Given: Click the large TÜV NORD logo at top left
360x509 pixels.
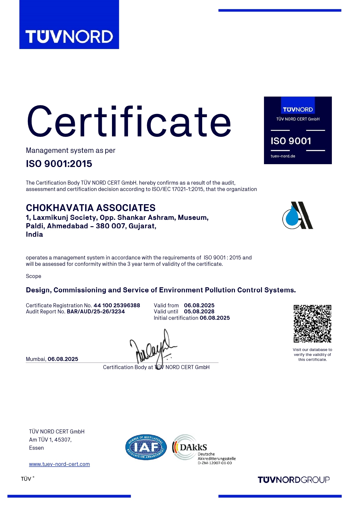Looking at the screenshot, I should [69, 37].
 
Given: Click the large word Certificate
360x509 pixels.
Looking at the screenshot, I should [129, 122].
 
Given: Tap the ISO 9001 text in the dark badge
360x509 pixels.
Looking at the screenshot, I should [291, 141].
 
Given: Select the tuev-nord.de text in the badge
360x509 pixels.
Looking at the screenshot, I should [283, 156].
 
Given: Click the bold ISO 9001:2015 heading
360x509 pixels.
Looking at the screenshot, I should [59, 164].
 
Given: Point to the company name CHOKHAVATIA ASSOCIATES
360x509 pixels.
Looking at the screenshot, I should [91, 208].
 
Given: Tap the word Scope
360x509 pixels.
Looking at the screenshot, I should [33, 276].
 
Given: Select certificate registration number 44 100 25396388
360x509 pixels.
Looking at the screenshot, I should [117, 305].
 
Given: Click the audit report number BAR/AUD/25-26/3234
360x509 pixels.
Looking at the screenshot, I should [96, 311].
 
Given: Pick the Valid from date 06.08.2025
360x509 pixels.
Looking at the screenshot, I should [199, 305].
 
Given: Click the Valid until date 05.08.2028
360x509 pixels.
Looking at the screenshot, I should [199, 311].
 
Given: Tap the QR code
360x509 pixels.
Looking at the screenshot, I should [312, 324].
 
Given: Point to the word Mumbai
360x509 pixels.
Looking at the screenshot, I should [36, 359].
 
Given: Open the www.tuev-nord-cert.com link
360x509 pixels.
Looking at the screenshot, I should [59, 464].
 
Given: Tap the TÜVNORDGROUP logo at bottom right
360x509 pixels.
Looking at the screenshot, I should [294, 480].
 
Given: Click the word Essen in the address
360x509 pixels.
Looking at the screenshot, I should [36, 448].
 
